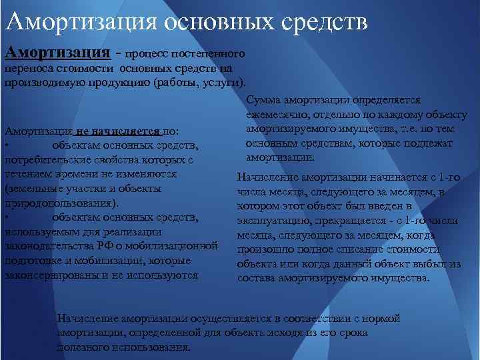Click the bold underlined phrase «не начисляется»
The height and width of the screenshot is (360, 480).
[118, 131]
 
